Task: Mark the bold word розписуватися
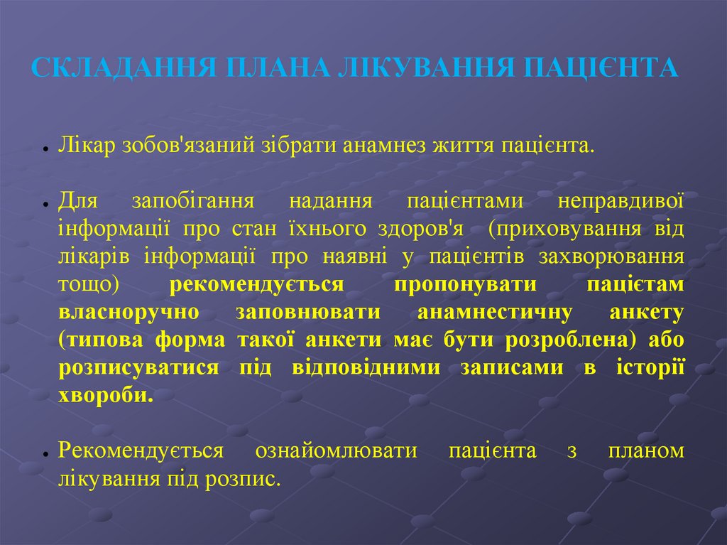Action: [139, 367]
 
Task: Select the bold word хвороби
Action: [106, 395]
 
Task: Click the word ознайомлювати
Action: [336, 450]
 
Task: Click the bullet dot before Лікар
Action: [45, 149]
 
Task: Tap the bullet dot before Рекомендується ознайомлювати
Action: [45, 453]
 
